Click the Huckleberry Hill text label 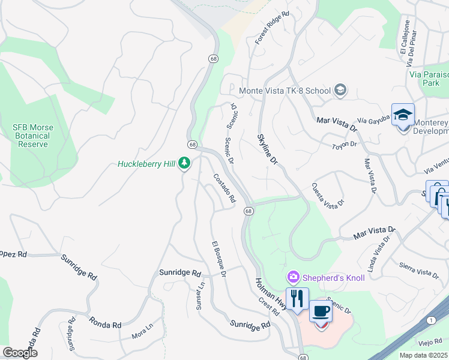(146, 163)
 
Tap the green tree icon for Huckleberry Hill (185, 163)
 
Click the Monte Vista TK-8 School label (285, 91)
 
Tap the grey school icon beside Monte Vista (340, 91)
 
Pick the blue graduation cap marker (403, 114)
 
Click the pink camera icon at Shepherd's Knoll (294, 277)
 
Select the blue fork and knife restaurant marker (297, 298)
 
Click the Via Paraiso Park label (429, 79)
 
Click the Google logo (20, 352)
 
